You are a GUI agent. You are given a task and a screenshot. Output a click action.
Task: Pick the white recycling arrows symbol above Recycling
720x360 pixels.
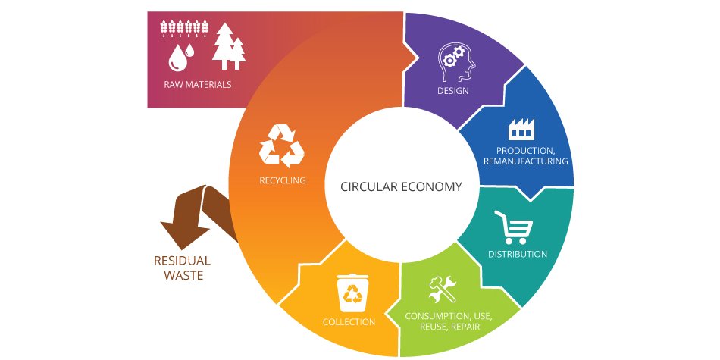pyautogui.click(x=281, y=145)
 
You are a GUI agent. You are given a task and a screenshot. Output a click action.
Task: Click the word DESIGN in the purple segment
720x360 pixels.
pyautogui.click(x=452, y=91)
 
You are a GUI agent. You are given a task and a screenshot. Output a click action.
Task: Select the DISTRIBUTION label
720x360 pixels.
pyautogui.click(x=518, y=254)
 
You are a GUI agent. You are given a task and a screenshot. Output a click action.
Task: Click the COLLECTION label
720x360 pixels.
pyautogui.click(x=349, y=321)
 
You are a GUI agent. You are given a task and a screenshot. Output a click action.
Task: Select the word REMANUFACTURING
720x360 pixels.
pyautogui.click(x=526, y=161)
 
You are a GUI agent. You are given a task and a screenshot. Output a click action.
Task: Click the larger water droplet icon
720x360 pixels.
pyautogui.click(x=177, y=55)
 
